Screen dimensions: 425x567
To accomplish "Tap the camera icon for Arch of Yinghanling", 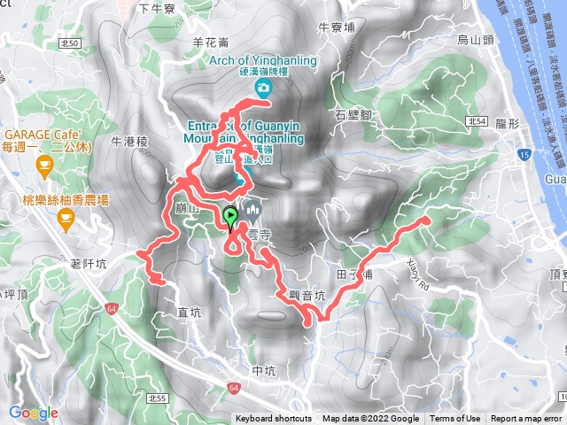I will tap(263, 88).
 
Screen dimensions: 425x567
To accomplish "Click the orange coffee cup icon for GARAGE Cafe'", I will tap(43, 164).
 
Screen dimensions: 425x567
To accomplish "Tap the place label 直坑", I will tap(190, 312).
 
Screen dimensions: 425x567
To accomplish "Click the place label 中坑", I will tap(265, 370).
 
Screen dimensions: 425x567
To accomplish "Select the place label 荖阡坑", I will tap(89, 264).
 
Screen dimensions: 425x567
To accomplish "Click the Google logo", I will tap(33, 413).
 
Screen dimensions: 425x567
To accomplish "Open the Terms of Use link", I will tap(455, 419).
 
